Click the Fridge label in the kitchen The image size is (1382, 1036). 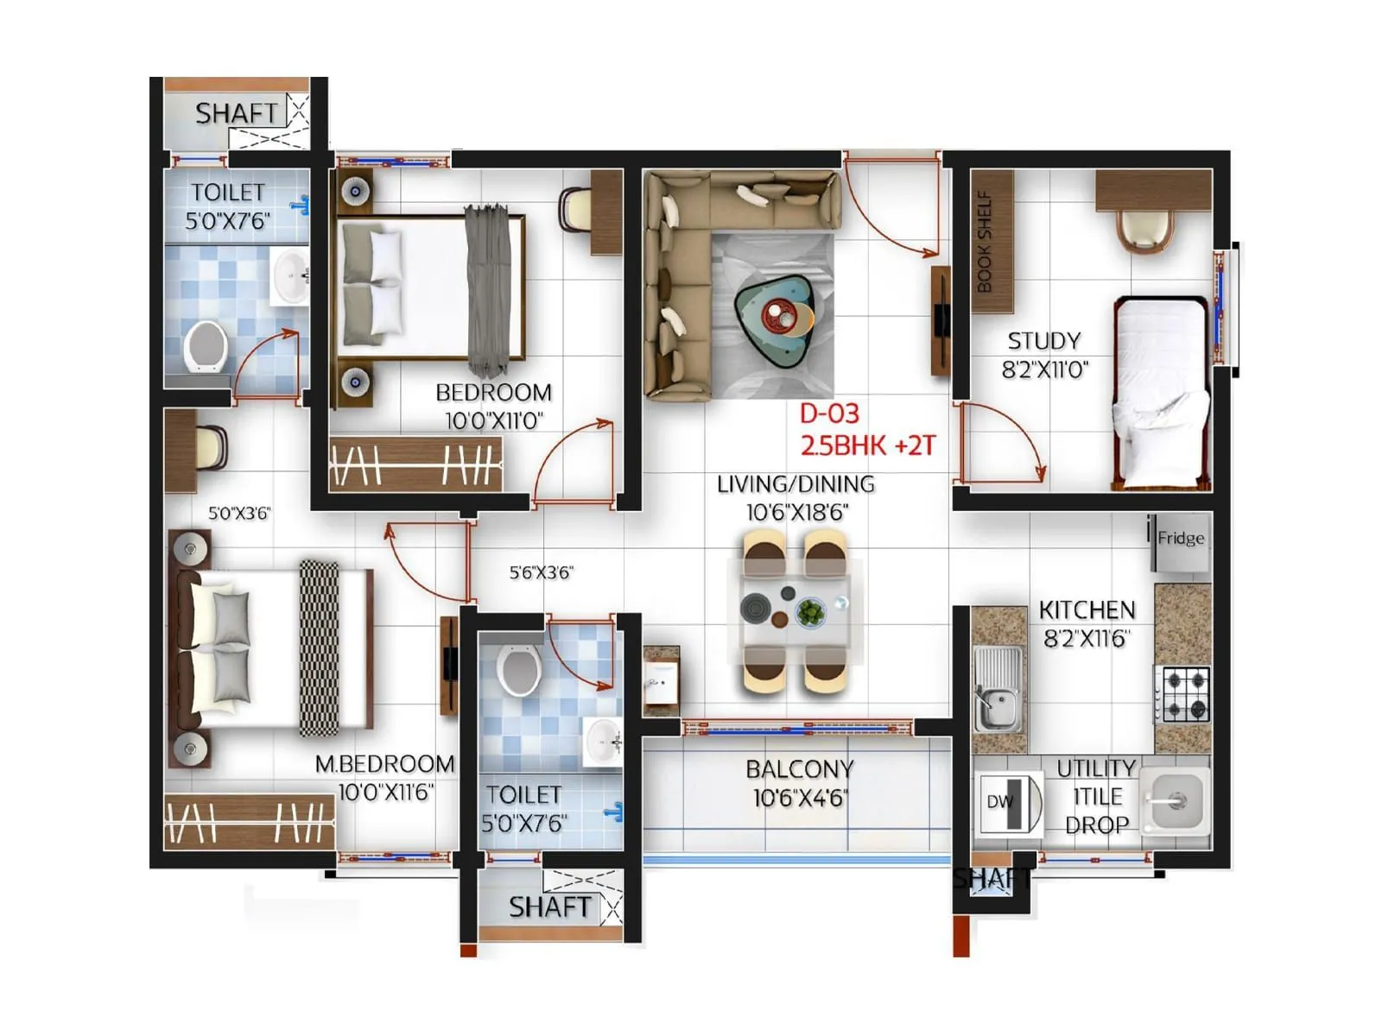click(1181, 539)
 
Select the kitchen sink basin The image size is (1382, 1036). click(998, 706)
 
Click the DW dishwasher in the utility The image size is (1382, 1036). click(1008, 802)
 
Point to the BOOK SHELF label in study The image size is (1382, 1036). click(985, 241)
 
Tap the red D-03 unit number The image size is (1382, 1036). click(829, 414)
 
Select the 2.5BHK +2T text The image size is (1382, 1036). click(867, 445)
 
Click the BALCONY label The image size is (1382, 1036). click(800, 769)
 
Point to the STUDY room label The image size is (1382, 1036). click(1044, 341)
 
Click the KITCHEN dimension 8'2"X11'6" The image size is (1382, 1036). click(1087, 639)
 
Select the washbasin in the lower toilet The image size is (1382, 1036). click(603, 741)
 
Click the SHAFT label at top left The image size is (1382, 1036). click(236, 113)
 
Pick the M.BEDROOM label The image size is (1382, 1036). click(384, 764)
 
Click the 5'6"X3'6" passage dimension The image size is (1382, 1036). click(541, 572)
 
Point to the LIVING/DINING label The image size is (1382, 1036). click(796, 484)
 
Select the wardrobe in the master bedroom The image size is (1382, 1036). click(249, 821)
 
